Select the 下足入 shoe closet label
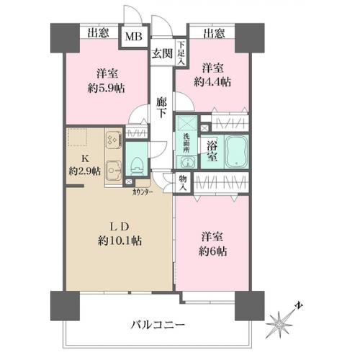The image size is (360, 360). (x=181, y=55)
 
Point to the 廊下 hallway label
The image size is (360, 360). (x=161, y=109)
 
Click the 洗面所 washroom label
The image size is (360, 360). (x=186, y=136)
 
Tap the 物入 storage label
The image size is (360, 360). (x=184, y=183)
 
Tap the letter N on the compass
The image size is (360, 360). (x=297, y=305)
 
